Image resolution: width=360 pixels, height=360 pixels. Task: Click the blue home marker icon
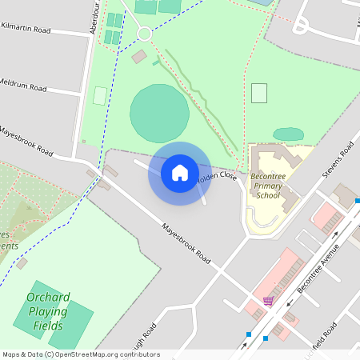coord(179,173)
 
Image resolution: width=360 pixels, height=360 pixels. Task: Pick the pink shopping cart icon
coord(269,302)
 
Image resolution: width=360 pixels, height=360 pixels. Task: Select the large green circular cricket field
coord(159,114)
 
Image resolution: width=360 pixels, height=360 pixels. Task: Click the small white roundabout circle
coord(144,34)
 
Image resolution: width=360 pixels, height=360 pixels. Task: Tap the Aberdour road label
coord(96,17)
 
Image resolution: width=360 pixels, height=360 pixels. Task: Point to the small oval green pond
coord(288,134)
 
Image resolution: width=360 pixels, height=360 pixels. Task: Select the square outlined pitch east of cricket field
coord(258,93)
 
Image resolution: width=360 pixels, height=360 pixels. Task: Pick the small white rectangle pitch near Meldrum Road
coord(100,95)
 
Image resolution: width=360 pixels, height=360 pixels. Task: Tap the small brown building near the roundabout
coord(139,57)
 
